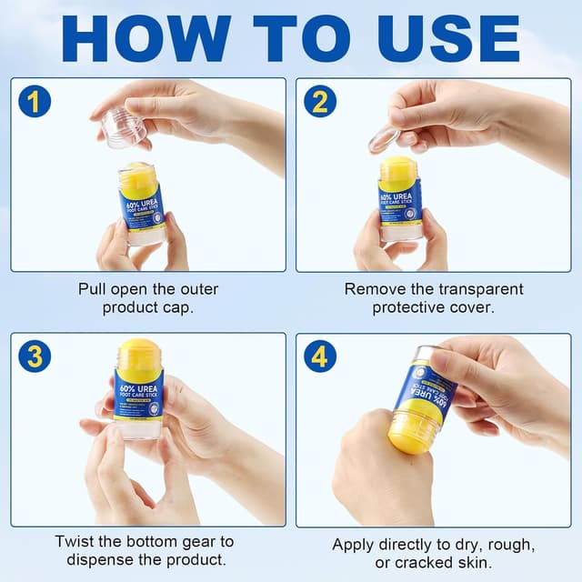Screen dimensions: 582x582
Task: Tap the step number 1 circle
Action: (x=34, y=101)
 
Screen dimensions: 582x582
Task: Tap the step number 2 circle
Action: (x=319, y=101)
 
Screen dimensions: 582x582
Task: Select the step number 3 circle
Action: (x=34, y=356)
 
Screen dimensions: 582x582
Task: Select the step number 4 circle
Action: (x=319, y=356)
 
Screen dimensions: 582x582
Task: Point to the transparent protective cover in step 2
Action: (x=383, y=139)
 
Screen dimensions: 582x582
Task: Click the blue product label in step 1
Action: (x=140, y=206)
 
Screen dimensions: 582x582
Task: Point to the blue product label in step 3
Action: (x=139, y=392)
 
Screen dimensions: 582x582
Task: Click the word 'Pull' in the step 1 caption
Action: (x=93, y=289)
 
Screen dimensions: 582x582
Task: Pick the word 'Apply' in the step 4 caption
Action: (x=353, y=545)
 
